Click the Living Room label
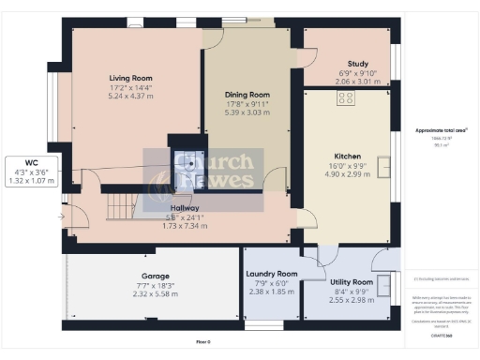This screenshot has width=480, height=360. pos(129,77)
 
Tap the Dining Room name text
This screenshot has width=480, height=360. pos(247,95)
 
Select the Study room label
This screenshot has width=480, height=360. pos(358,64)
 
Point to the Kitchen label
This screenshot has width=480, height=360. pos(348,156)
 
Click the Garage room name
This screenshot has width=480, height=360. pos(156,277)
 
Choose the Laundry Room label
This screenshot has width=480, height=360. pos(271,274)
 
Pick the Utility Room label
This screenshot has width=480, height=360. pos(352,281)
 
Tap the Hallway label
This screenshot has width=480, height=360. pos(188,207)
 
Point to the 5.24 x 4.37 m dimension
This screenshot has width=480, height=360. pos(129,96)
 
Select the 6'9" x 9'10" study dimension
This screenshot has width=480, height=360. pos(358,73)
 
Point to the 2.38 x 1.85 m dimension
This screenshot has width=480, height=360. pos(271,292)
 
